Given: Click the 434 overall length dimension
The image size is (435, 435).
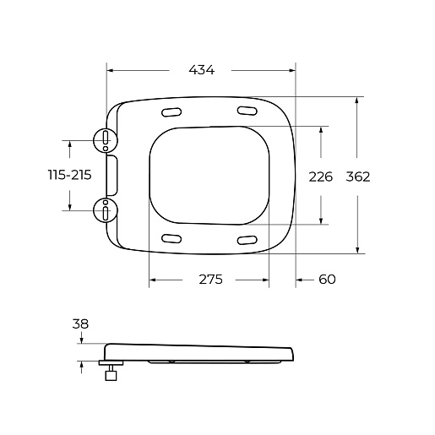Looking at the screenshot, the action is coord(201,70).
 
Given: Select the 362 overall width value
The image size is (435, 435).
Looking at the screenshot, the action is coord(358,177).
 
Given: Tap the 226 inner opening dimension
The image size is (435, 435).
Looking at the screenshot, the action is coord(321,177).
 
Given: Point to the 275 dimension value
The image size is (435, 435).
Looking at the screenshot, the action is coord(210,280).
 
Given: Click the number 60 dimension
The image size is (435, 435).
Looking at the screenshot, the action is coord(327,280).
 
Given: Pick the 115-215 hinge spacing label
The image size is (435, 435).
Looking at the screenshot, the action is coord(70,175).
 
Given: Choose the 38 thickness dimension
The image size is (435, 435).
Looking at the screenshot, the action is coord(80,324).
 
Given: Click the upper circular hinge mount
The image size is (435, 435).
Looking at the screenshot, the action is coord(106,140).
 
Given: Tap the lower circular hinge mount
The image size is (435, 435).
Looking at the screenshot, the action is coord(106,210).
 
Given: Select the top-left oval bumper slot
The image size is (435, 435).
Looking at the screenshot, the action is coord(171,112).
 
